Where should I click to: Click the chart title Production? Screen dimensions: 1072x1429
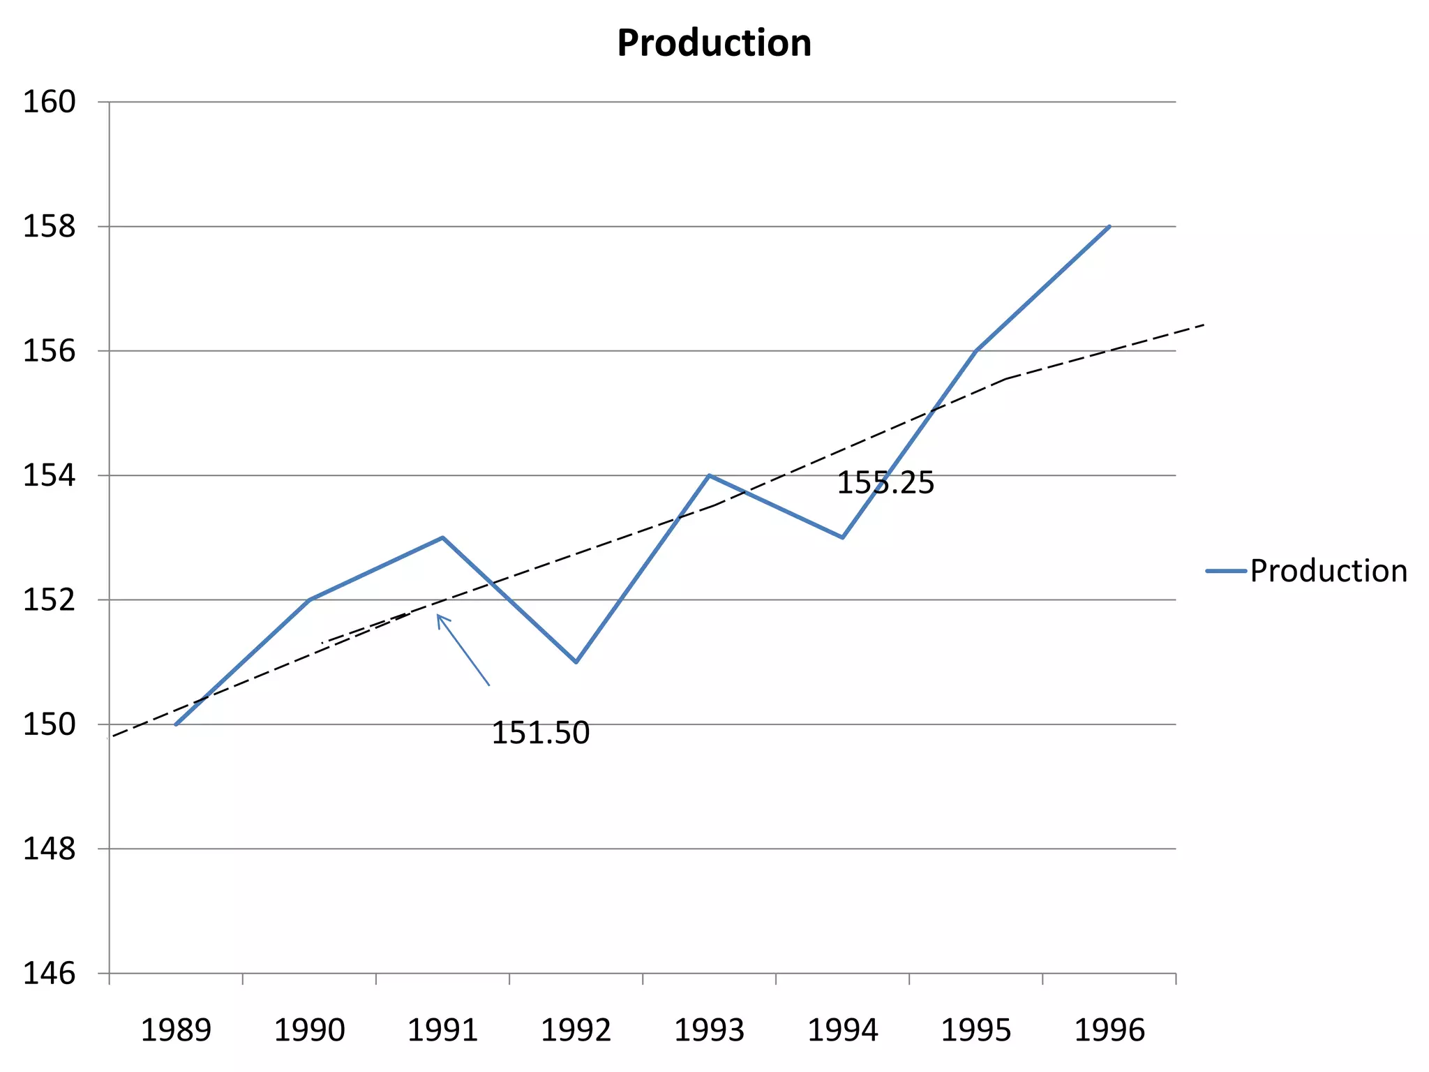[x=714, y=43]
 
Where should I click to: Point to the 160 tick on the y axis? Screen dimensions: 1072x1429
[x=50, y=103]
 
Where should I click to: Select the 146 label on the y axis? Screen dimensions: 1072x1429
[x=50, y=973]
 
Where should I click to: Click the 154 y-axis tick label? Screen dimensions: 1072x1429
[x=50, y=475]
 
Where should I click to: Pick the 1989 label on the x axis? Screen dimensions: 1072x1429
[x=176, y=1030]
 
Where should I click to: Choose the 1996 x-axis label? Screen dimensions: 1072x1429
[x=1109, y=1030]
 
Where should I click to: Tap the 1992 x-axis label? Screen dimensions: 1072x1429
[x=576, y=1030]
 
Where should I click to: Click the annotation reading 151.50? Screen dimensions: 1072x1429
[x=541, y=734]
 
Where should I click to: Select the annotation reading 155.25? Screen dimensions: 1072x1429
[x=885, y=483]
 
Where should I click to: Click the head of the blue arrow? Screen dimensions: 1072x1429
[x=438, y=616]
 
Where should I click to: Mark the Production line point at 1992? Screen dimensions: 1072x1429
[x=576, y=662]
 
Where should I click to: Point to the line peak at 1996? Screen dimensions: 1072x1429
[x=1109, y=226]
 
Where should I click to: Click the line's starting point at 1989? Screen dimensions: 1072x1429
[x=176, y=724]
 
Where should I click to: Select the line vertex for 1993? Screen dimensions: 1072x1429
[x=709, y=475]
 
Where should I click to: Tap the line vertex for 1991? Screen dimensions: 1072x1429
[x=442, y=537]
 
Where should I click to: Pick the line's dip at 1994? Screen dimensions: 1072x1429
[x=843, y=537]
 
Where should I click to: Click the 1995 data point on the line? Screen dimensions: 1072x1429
[x=976, y=350]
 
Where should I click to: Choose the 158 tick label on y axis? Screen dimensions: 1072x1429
[x=50, y=227]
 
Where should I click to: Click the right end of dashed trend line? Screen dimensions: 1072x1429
[x=1204, y=325]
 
